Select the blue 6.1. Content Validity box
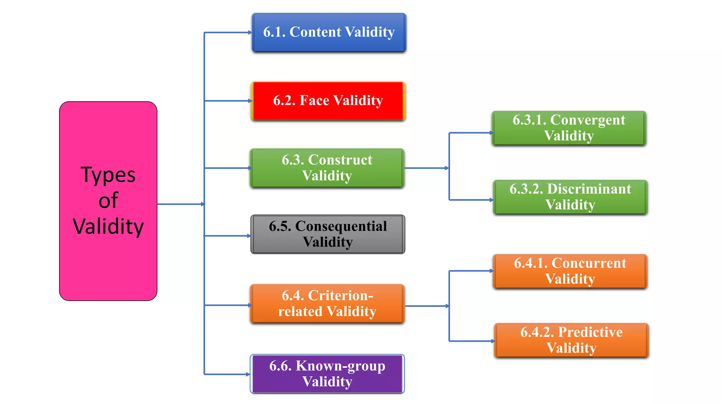pyautogui.click(x=329, y=32)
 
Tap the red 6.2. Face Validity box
pyautogui.click(x=328, y=101)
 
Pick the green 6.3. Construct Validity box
pyautogui.click(x=327, y=168)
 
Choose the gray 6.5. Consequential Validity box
pyautogui.click(x=328, y=234)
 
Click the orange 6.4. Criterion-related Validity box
pyautogui.click(x=327, y=304)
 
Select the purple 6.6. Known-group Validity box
pyautogui.click(x=327, y=374)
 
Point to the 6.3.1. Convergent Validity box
pyautogui.click(x=569, y=128)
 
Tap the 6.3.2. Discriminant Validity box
pyautogui.click(x=570, y=197)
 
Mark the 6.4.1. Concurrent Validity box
pyautogui.click(x=570, y=271)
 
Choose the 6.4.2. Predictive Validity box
pyautogui.click(x=571, y=340)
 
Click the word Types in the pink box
pyautogui.click(x=108, y=175)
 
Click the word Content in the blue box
pyautogui.click(x=315, y=32)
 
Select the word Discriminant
pyautogui.click(x=589, y=189)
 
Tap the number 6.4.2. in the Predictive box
pyautogui.click(x=538, y=332)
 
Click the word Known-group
pyautogui.click(x=340, y=366)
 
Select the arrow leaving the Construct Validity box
pyautogui.click(x=427, y=168)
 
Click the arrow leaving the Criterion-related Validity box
pyautogui.click(x=427, y=306)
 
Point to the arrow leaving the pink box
pyautogui.click(x=181, y=204)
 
